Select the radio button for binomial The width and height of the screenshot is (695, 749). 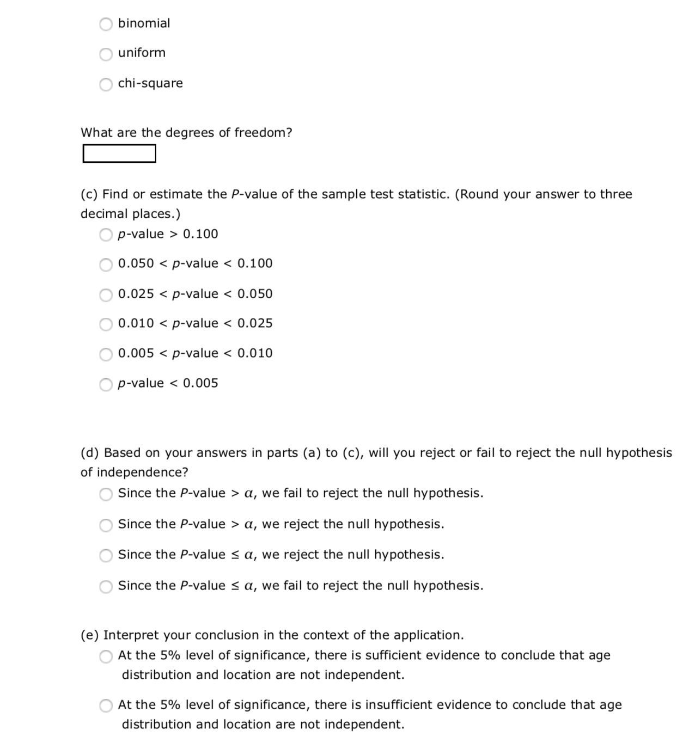coord(106,24)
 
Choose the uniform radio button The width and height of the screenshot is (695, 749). coord(106,54)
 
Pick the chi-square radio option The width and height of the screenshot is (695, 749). coord(106,84)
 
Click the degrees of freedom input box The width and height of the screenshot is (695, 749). coord(119,154)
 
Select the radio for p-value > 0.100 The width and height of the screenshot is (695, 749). coord(106,235)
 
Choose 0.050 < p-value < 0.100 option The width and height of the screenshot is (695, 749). coord(106,265)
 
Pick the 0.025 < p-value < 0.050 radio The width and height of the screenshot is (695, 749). coord(106,294)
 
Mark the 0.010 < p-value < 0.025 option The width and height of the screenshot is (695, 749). coord(106,324)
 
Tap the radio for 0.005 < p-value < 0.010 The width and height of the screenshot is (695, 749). coord(106,354)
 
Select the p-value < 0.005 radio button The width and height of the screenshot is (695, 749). coord(106,384)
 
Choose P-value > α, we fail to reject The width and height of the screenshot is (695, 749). coord(106,494)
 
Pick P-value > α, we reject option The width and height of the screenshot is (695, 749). coord(106,525)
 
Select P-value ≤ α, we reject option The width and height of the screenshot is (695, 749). coord(106,555)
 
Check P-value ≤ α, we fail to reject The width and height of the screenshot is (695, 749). coord(106,586)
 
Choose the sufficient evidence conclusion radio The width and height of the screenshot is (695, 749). coord(106,656)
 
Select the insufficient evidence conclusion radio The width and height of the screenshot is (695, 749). coord(106,706)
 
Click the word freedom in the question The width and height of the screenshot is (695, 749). coord(263,133)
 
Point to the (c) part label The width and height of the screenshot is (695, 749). coord(89,194)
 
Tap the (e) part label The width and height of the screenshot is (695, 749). coord(90,635)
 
